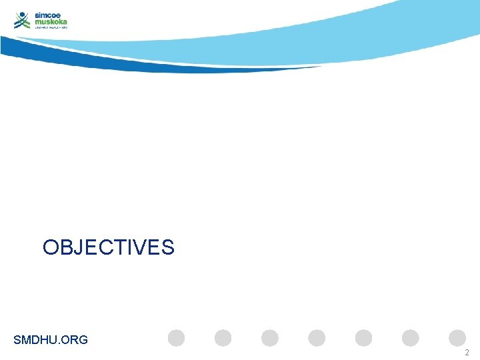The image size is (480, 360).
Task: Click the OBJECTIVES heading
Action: coord(108,248)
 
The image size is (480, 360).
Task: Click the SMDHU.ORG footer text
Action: coord(51,340)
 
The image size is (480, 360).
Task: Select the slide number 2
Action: coord(467,353)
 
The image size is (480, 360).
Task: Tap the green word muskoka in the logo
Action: coord(51,21)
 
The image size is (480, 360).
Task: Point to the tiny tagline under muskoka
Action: coord(51,28)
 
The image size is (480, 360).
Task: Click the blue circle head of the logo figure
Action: coord(22,14)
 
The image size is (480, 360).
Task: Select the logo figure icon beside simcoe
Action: coord(23,21)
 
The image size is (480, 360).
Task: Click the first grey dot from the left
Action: coord(176,338)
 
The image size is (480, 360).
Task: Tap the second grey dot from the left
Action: coord(223,338)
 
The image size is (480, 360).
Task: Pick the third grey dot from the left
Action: coord(270,338)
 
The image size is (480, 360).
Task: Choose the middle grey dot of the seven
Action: coord(317,338)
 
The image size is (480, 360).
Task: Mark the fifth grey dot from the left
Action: coord(364,338)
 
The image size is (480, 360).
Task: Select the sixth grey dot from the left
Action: coord(411,338)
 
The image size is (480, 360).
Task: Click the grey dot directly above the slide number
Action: coord(457,338)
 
